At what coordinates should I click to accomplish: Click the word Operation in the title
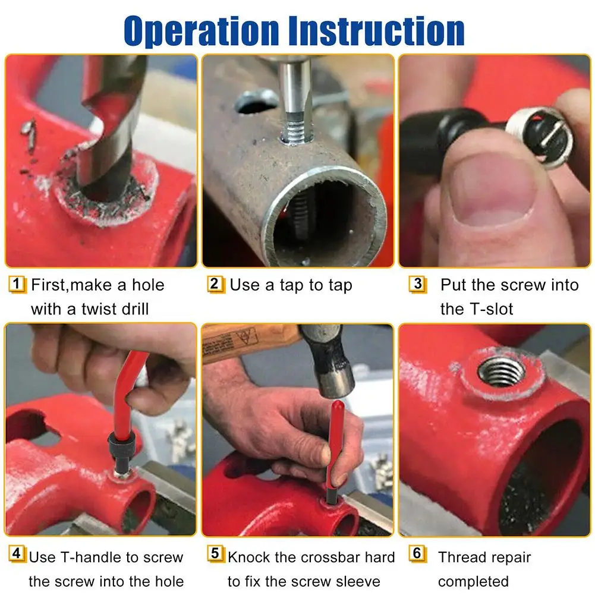202,31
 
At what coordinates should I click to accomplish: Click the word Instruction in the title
376,30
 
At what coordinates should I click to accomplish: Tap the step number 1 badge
17,285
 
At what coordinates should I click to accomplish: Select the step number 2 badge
215,285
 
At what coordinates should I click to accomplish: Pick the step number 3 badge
417,285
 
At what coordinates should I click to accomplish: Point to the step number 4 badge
17,553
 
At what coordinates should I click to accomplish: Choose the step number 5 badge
215,553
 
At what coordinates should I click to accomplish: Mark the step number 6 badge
417,553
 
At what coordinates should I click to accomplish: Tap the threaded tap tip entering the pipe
297,128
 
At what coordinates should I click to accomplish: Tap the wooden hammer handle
250,342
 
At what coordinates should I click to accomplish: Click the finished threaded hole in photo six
501,372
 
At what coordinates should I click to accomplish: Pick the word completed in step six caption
473,581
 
